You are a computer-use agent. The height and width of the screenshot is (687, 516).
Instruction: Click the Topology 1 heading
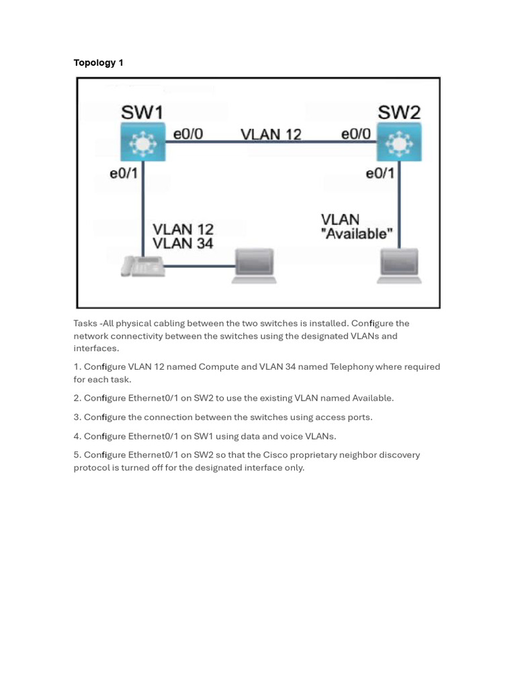click(x=98, y=62)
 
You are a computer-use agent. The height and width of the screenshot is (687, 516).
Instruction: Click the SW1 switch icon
click(x=142, y=142)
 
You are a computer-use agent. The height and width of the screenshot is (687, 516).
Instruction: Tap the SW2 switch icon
click(x=399, y=142)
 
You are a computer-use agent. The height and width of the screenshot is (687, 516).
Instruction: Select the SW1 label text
click(x=142, y=111)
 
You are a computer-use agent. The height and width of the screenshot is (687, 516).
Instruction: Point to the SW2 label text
click(x=398, y=111)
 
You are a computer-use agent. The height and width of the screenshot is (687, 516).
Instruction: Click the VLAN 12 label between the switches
click(x=271, y=134)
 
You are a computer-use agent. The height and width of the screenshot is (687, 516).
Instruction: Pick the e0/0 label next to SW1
click(x=188, y=134)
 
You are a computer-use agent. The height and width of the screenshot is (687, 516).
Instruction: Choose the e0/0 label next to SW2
click(x=356, y=134)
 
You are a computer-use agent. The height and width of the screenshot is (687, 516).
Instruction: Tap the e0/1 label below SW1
click(x=124, y=173)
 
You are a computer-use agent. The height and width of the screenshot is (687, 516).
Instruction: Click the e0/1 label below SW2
click(x=380, y=173)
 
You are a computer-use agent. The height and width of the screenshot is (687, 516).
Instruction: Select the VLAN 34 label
click(x=183, y=244)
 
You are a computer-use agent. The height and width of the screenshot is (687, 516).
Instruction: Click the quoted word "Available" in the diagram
click(x=357, y=234)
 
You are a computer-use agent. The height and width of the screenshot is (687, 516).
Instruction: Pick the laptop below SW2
click(x=399, y=266)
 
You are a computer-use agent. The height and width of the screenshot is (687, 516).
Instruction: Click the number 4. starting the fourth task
click(x=77, y=436)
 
